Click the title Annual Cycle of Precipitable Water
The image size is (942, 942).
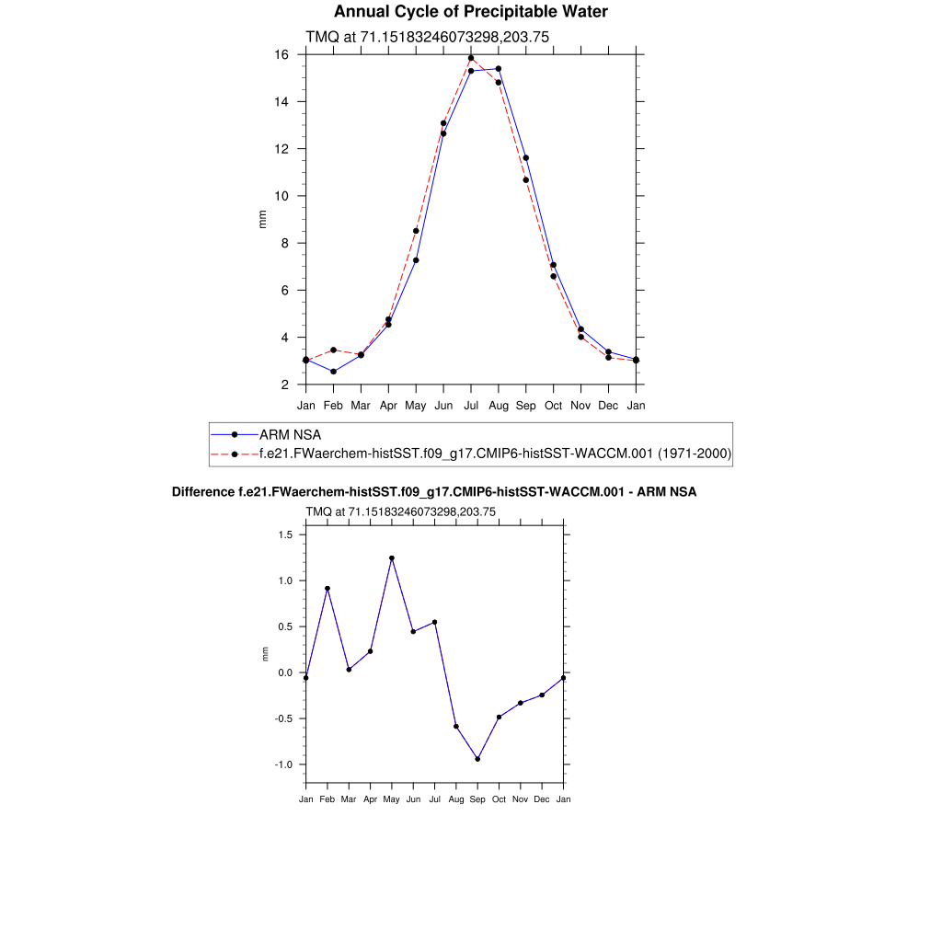click(x=470, y=12)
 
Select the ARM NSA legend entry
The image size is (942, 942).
click(x=290, y=434)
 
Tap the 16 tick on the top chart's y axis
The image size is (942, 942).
click(x=283, y=55)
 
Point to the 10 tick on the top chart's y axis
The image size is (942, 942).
click(x=283, y=196)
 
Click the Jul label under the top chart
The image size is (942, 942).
click(x=471, y=405)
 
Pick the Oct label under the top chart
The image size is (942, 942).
click(x=553, y=405)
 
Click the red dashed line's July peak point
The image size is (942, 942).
click(x=471, y=58)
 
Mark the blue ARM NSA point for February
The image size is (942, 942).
click(x=333, y=372)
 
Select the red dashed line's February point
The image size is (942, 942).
click(x=333, y=350)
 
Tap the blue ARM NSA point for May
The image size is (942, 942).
click(x=416, y=260)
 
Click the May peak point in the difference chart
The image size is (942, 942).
click(x=392, y=558)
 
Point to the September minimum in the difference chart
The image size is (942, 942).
click(x=477, y=759)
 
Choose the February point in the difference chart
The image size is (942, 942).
click(x=327, y=589)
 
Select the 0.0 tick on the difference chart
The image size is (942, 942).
click(x=284, y=672)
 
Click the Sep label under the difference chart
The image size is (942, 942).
click(x=477, y=799)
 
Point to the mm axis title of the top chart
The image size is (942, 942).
click(x=262, y=219)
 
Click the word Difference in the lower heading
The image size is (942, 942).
click(x=197, y=492)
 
